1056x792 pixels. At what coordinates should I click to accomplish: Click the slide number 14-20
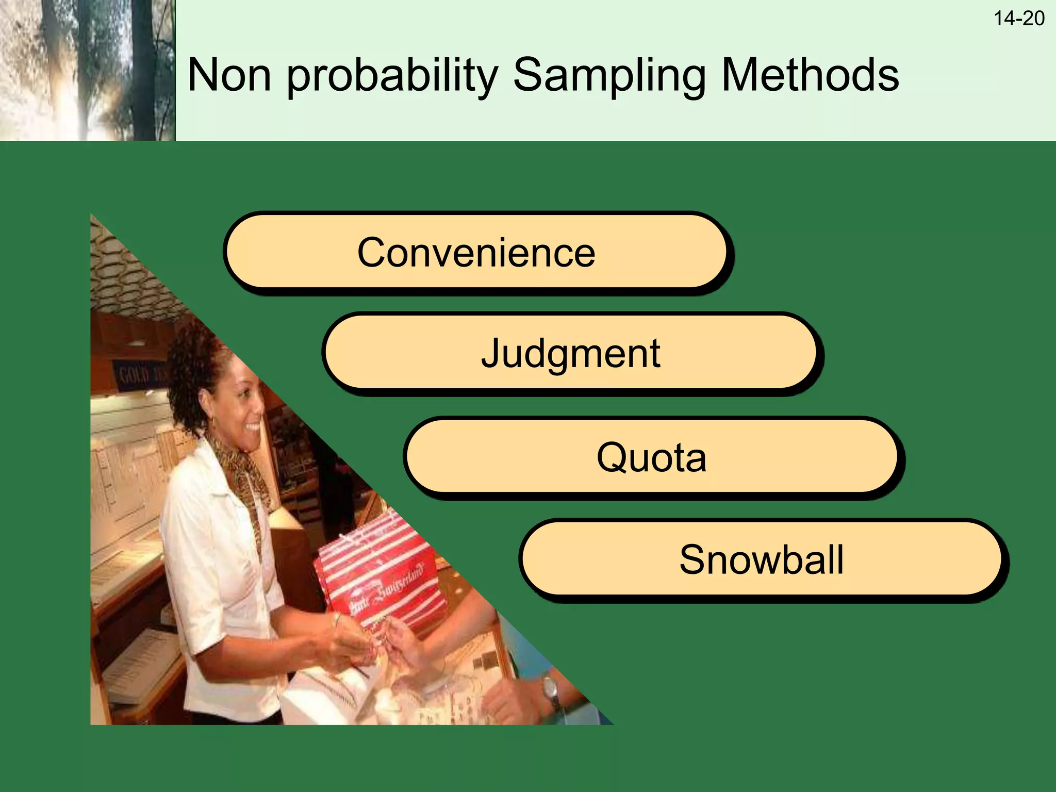(1018, 19)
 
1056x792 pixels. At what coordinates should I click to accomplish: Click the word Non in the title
(229, 75)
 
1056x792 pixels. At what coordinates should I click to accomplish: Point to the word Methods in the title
(810, 75)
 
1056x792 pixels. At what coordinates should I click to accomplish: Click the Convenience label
(476, 252)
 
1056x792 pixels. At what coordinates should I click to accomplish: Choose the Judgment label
(570, 353)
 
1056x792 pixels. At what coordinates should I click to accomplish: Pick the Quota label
(651, 457)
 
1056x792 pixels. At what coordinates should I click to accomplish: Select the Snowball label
(762, 560)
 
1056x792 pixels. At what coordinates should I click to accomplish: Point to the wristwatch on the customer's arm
(551, 688)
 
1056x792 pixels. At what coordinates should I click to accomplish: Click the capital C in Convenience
(372, 252)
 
